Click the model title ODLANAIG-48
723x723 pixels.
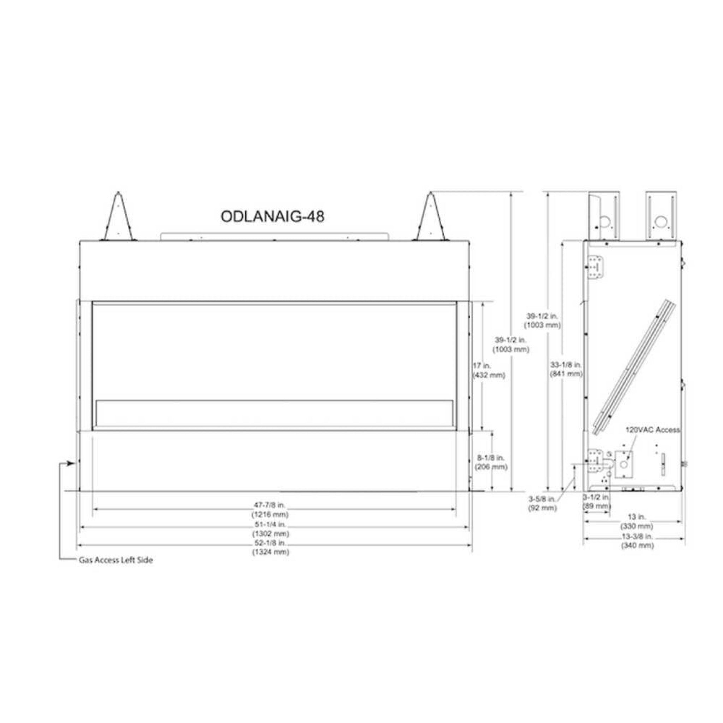[x=272, y=216]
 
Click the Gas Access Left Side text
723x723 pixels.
[x=116, y=560]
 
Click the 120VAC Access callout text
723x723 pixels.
[x=653, y=430]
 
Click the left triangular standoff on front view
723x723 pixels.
[x=119, y=219]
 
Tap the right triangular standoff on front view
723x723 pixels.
[x=431, y=219]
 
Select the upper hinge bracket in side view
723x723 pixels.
[x=597, y=267]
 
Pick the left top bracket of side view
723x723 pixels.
[x=604, y=216]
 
